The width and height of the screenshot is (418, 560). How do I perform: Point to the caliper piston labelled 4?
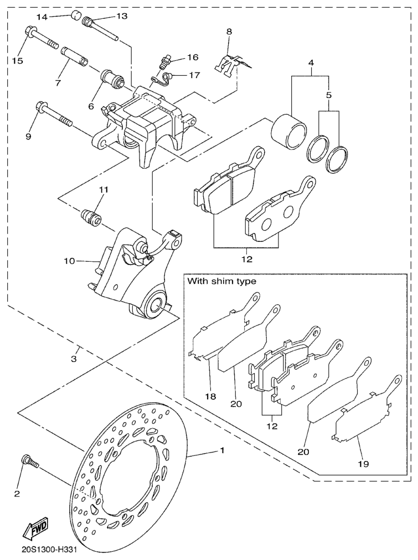(288, 131)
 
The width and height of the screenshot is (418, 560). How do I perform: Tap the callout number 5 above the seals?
(328, 95)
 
